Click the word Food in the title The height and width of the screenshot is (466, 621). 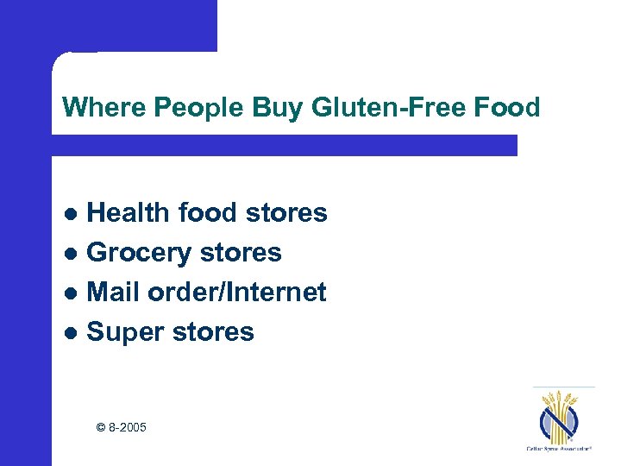pos(509,108)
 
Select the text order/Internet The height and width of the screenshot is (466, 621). pos(236,293)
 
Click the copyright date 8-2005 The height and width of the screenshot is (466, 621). pos(127,426)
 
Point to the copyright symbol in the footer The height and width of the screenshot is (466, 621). pos(100,426)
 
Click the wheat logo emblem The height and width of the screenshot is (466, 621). pos(561,416)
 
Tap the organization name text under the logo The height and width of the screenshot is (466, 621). pos(561,449)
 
